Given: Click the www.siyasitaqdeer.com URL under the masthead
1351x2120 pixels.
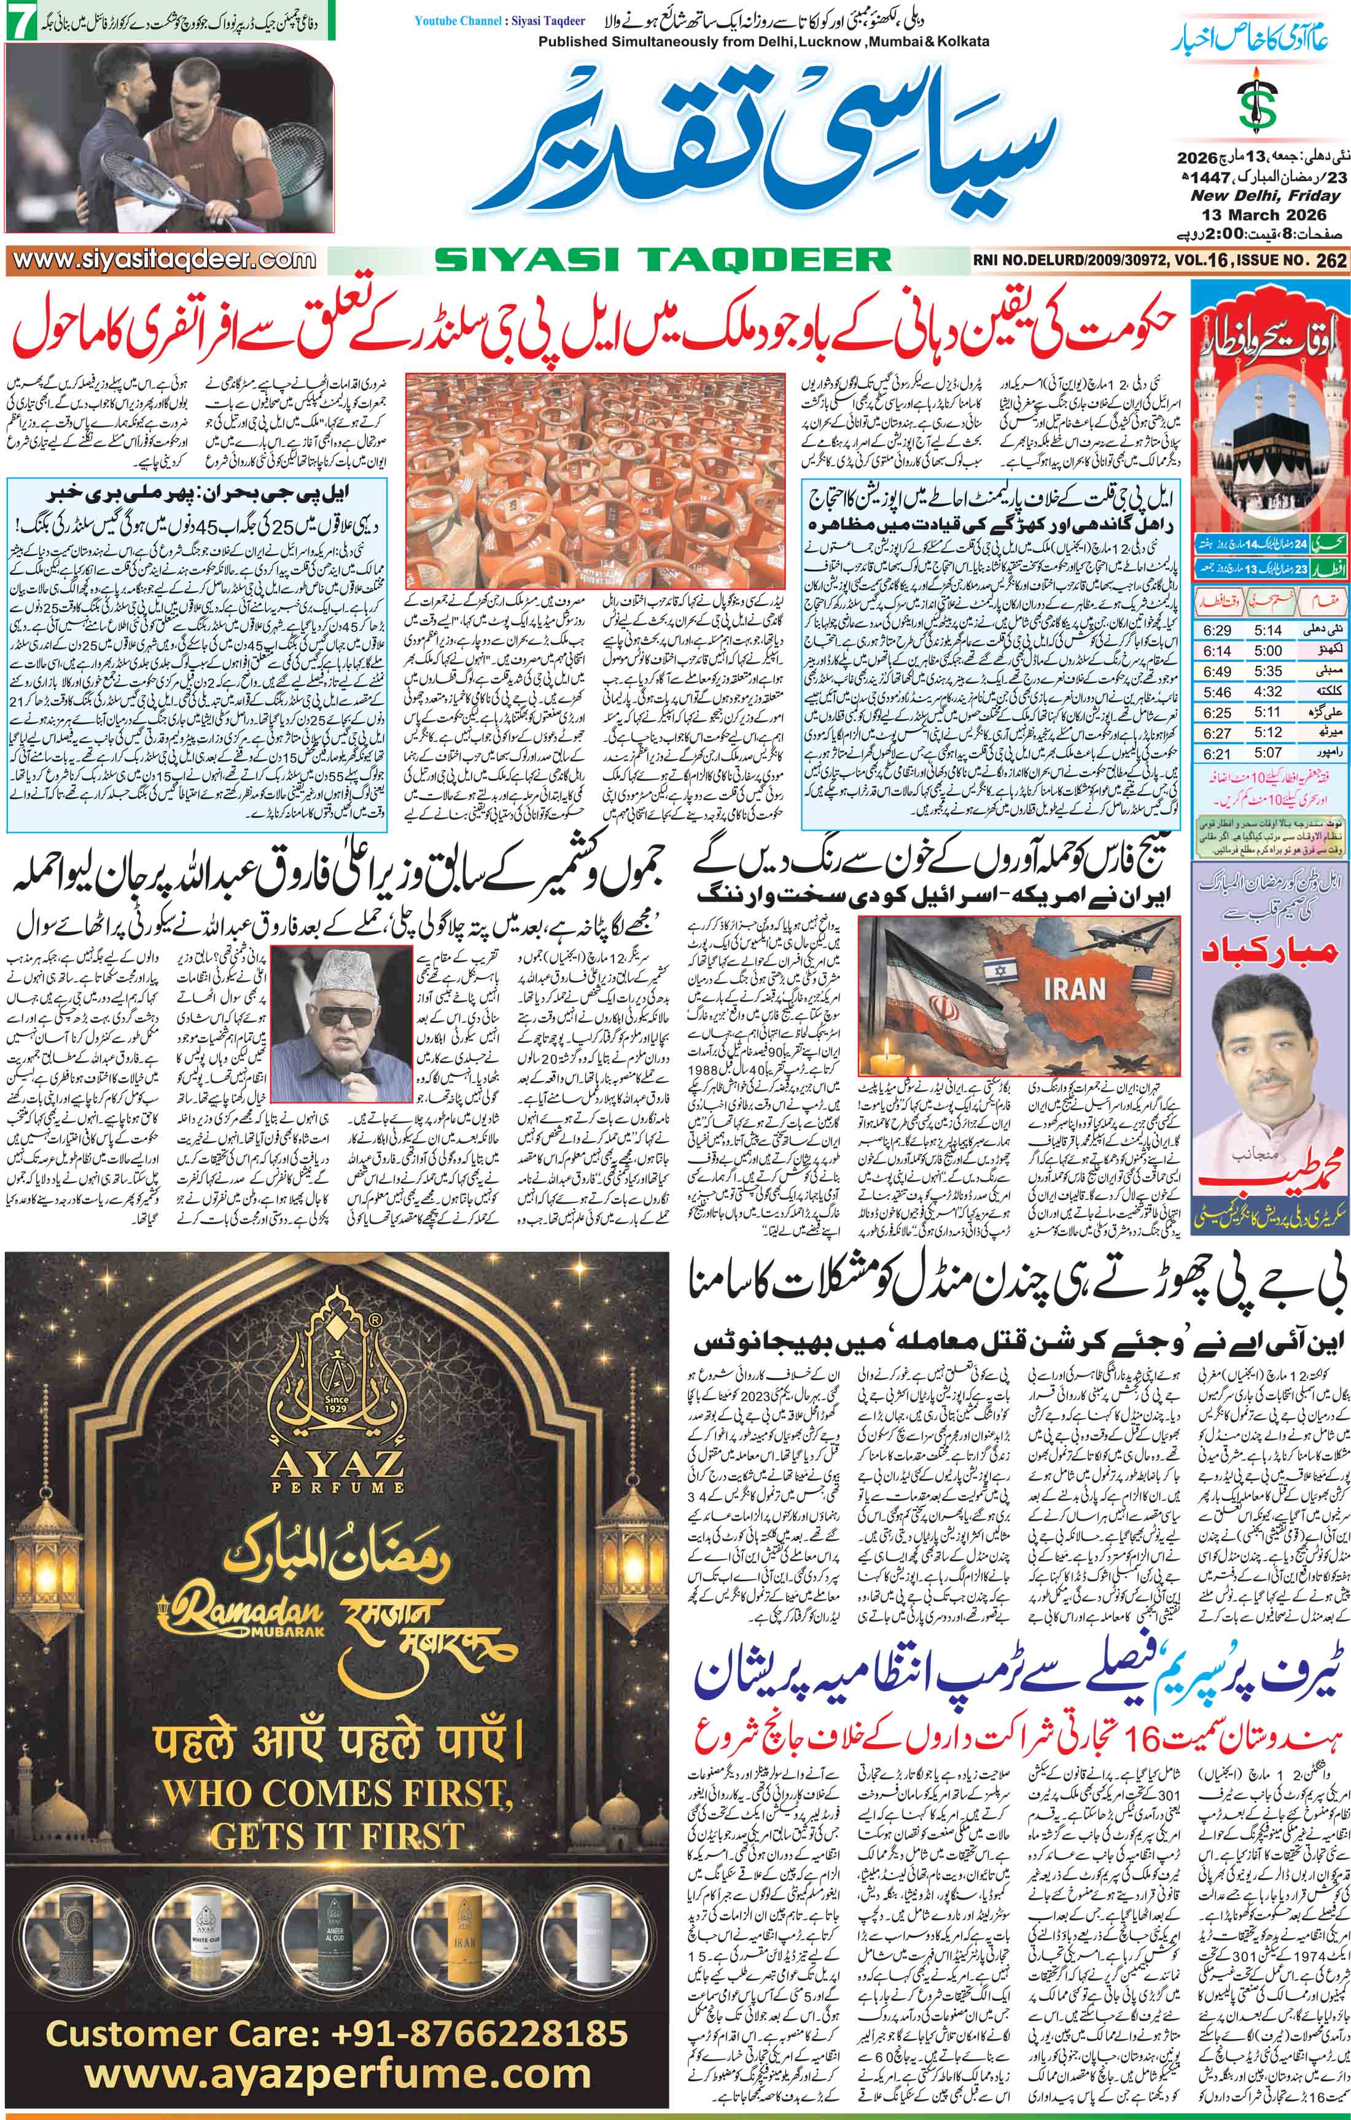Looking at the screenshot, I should tap(159, 260).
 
